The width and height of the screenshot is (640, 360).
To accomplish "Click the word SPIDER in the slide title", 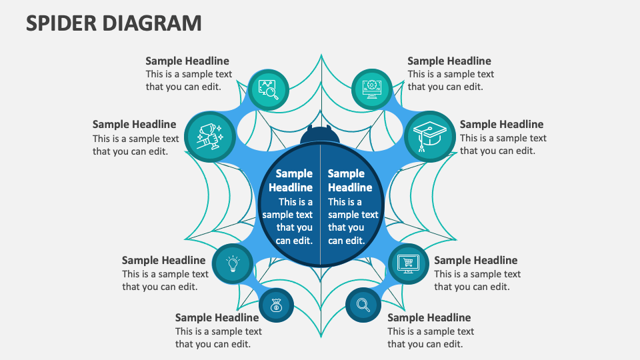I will pos(61,23).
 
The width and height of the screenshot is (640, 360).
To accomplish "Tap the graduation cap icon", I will pos(430,136).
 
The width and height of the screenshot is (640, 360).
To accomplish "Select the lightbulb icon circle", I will pos(233,264).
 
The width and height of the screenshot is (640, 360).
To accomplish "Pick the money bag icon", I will pos(276,306).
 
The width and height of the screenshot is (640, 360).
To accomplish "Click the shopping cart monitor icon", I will pos(407,264).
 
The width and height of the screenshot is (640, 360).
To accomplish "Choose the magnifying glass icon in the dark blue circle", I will pos(363,305).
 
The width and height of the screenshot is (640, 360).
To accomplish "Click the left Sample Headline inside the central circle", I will pos(291,180).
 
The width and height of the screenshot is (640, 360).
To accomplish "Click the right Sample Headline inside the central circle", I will pos(350,180).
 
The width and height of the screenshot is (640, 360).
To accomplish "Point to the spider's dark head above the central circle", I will pos(320,135).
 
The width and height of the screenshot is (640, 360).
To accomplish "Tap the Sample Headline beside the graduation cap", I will pos(501,124).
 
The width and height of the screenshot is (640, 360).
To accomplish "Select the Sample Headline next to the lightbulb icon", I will pos(163,260).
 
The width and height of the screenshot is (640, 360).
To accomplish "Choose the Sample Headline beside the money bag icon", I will pos(217,317).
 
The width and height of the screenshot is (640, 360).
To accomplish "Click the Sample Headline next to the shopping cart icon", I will pos(475,260).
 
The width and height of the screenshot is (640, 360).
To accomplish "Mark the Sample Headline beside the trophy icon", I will pos(134,124).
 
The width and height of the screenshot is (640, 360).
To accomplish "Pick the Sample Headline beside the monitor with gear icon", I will pos(449,61).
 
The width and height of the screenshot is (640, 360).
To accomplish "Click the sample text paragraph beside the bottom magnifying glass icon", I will pos(430,337).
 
